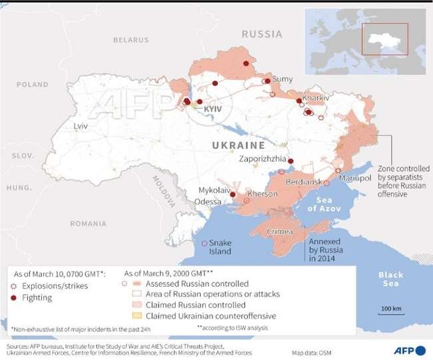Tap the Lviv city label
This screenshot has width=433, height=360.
(x=81, y=125)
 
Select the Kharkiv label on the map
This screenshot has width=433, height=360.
(x=316, y=98)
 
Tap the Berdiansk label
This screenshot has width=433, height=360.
(x=304, y=182)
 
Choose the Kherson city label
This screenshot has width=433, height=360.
(x=262, y=194)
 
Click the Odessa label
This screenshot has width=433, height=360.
(x=209, y=201)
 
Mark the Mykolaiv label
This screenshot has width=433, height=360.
(x=213, y=191)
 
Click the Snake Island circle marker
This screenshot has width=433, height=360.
(x=204, y=243)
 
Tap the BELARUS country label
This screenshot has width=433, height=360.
(x=131, y=40)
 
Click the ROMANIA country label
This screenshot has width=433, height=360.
(x=88, y=223)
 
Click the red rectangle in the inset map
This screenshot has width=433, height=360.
(x=384, y=39)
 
